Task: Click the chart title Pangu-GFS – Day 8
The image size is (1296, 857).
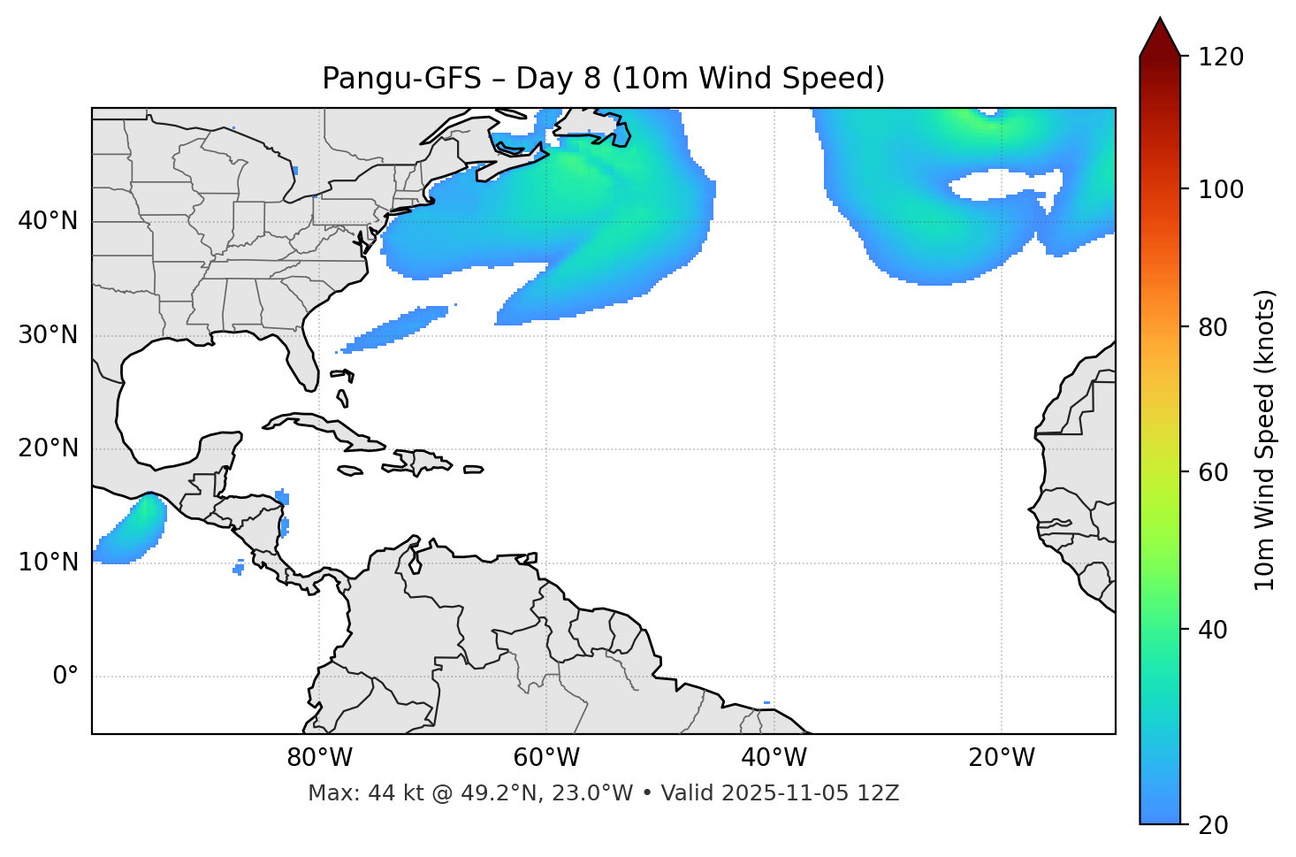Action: pyautogui.click(x=603, y=79)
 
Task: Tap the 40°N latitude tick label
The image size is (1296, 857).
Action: pyautogui.click(x=48, y=221)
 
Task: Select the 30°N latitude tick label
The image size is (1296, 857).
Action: pyautogui.click(x=48, y=335)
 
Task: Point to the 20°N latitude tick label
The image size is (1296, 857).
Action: pyautogui.click(x=48, y=448)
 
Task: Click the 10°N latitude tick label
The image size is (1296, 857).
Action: pyautogui.click(x=48, y=562)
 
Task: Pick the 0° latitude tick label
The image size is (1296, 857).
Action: pyautogui.click(x=65, y=677)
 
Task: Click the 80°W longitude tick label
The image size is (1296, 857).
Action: pyautogui.click(x=319, y=758)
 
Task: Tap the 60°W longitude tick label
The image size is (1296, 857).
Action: pyautogui.click(x=546, y=758)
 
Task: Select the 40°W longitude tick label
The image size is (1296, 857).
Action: pyautogui.click(x=774, y=758)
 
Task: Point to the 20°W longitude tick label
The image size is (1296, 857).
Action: pyautogui.click(x=1002, y=758)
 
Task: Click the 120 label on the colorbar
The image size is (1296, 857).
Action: pyautogui.click(x=1221, y=57)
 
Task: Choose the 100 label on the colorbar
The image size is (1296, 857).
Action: pyautogui.click(x=1221, y=189)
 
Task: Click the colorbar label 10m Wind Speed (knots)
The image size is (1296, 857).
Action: pyautogui.click(x=1265, y=440)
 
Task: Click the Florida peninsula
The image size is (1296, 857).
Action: pyautogui.click(x=304, y=358)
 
